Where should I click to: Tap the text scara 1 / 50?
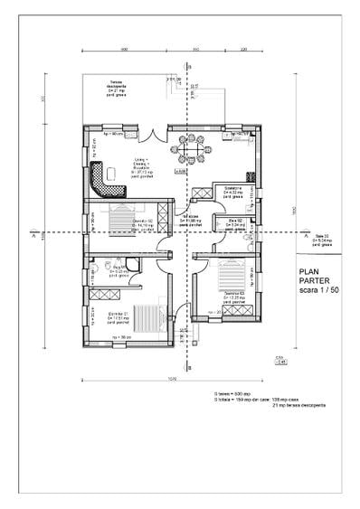[315, 292]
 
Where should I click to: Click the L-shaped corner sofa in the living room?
[114, 177]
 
